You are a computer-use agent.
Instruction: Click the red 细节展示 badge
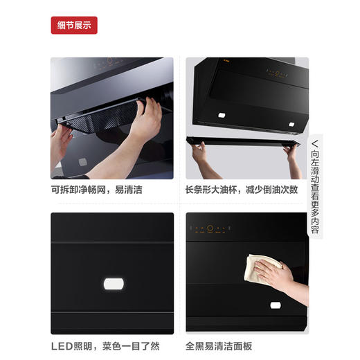coord(74,26)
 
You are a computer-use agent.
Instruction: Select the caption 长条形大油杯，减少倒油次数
coord(242,189)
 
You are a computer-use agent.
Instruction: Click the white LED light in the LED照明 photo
coord(112,284)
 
